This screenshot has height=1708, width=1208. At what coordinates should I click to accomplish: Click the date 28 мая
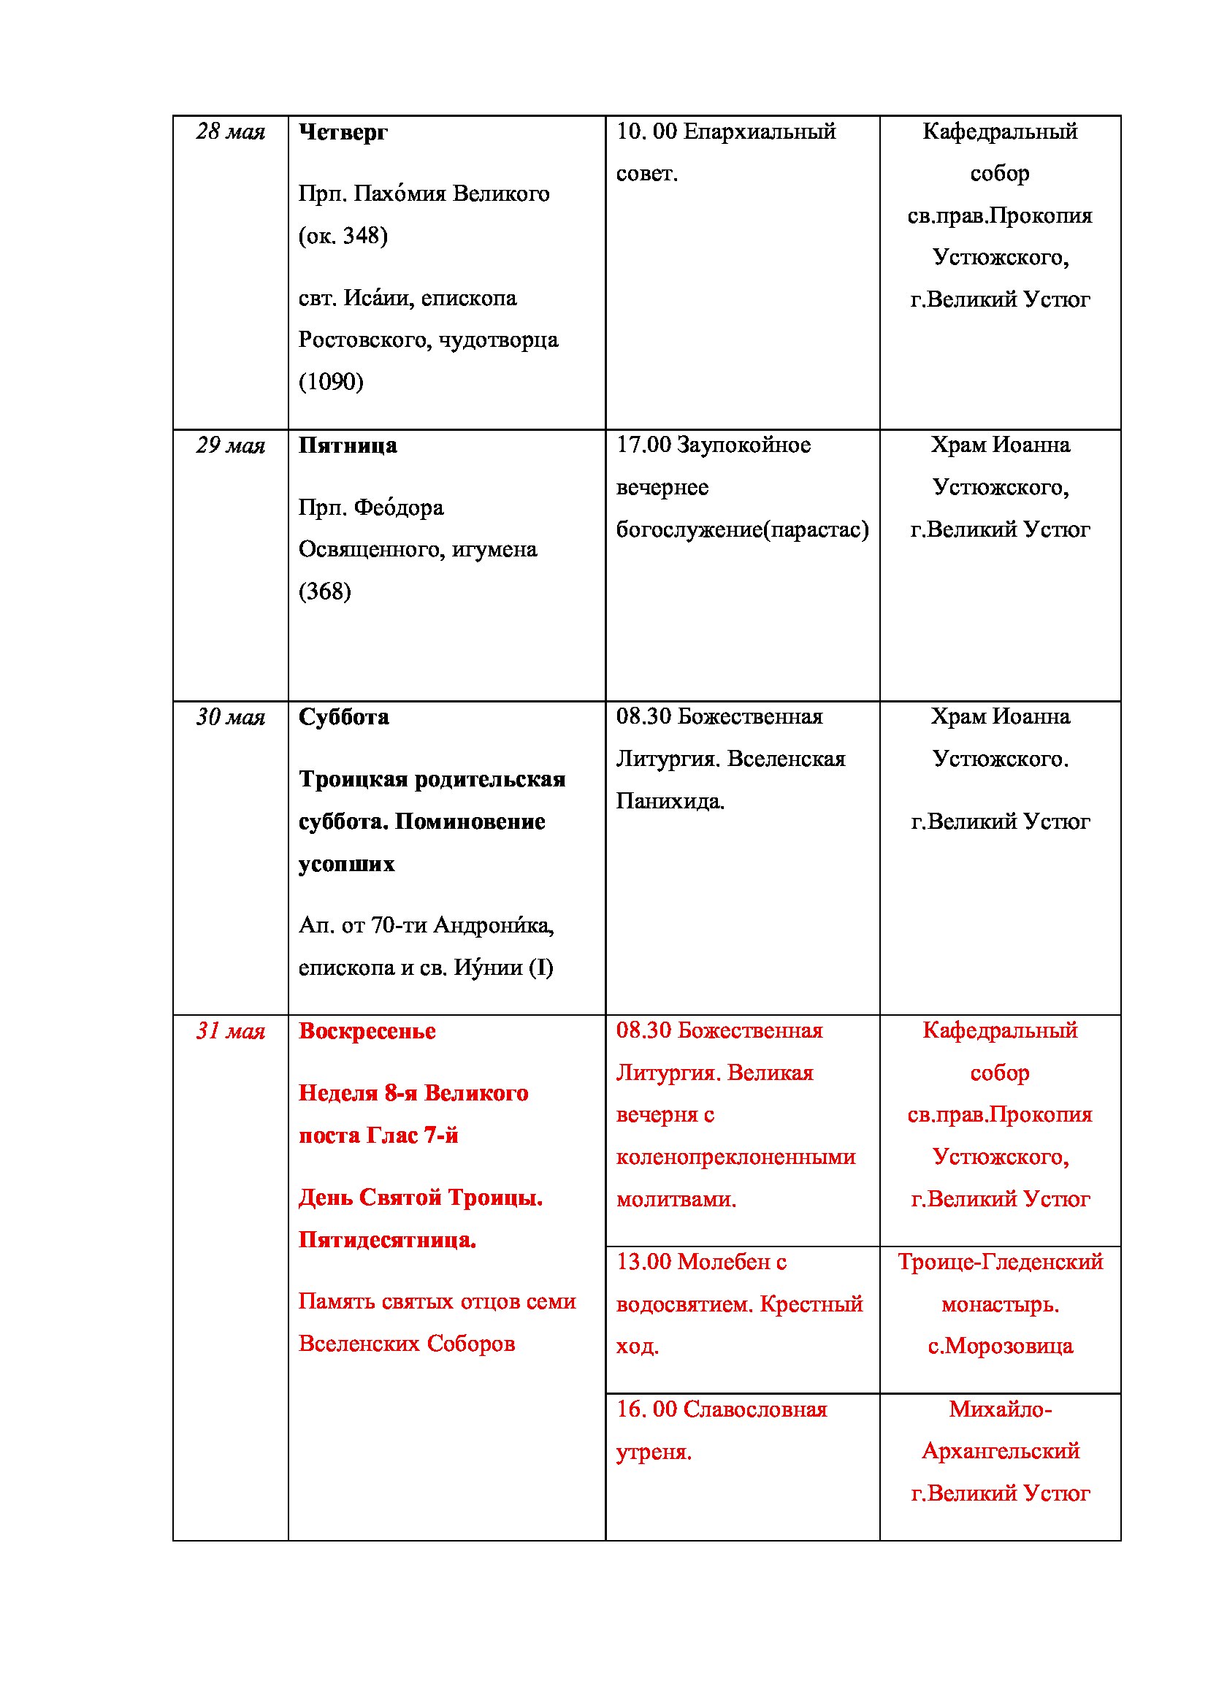231,131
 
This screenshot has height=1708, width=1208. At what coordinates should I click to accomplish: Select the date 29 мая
231,445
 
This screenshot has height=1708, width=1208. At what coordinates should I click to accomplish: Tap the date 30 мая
231,717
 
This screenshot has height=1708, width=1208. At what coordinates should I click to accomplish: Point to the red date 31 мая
231,1031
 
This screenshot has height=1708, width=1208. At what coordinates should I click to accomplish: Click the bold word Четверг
343,132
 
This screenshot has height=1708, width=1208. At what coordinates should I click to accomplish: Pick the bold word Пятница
348,445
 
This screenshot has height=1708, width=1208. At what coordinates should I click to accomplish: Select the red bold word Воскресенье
367,1031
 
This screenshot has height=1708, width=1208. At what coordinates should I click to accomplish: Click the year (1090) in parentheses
331,382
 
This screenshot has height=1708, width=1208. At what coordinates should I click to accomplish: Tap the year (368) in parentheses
324,591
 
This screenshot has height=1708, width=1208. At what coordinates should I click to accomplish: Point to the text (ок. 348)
343,236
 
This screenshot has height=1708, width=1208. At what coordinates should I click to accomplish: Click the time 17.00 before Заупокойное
643,445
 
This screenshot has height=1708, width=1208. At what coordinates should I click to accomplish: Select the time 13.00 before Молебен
643,1262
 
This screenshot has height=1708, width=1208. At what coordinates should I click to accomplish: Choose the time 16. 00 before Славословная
646,1409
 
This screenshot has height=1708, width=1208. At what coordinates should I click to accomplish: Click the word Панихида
670,801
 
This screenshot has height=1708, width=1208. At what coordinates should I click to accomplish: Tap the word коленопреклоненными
735,1157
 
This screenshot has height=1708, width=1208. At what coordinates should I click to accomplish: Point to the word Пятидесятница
387,1240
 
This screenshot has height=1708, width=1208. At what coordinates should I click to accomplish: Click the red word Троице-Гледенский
1000,1262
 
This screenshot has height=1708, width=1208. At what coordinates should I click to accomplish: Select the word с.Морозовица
1000,1346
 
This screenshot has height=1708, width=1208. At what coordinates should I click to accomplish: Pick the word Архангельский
1000,1451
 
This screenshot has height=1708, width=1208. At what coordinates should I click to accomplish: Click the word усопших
347,864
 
